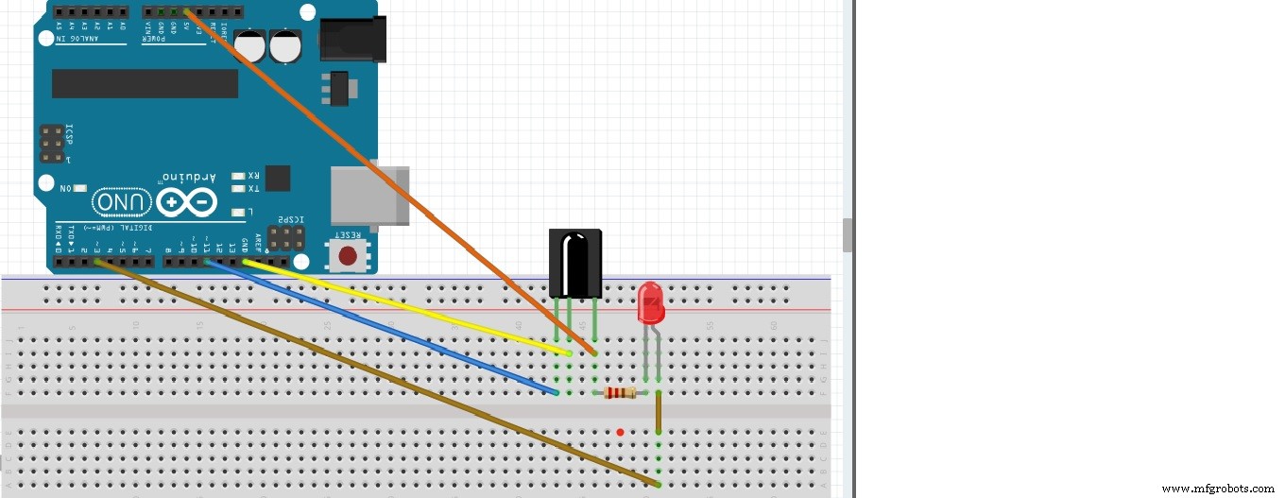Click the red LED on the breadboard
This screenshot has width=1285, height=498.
click(651, 302)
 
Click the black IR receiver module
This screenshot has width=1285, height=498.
click(575, 264)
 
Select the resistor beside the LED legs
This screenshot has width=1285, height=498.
click(620, 393)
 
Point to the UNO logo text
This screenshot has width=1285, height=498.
click(121, 202)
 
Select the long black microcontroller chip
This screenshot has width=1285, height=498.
click(145, 83)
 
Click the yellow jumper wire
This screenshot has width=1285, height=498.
click(406, 307)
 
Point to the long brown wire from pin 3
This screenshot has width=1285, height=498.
click(378, 373)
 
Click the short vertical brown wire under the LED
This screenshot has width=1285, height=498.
click(658, 411)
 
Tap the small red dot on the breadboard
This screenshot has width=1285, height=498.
click(620, 433)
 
